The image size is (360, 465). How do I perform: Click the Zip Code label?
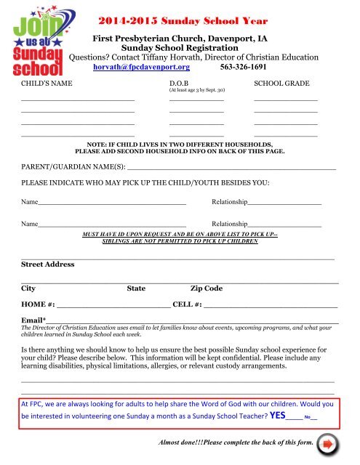[x=206, y=288]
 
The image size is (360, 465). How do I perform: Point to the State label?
[x=136, y=288]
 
